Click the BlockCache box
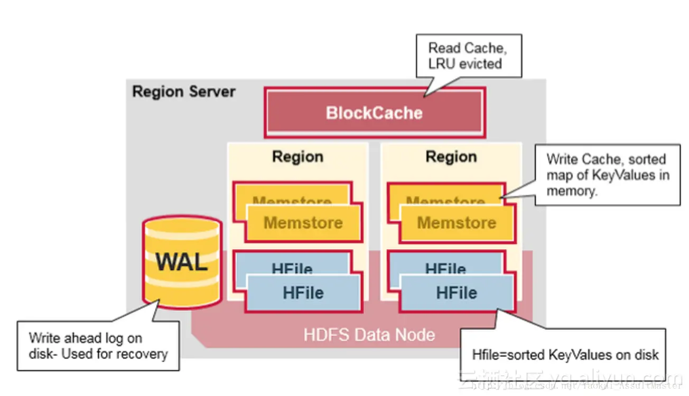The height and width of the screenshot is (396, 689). [374, 112]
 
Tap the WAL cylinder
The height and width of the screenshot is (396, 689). [182, 262]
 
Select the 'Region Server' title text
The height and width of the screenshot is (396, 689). [183, 91]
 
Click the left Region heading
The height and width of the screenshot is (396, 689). [297, 157]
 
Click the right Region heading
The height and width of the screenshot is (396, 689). [451, 157]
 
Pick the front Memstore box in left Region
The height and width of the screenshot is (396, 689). [303, 223]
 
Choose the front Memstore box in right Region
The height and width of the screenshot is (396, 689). [457, 223]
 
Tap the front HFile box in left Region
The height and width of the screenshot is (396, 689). [303, 293]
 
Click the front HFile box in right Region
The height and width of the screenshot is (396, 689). [457, 293]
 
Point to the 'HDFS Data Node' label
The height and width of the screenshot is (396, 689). [369, 335]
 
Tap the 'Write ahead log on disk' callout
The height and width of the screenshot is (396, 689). [98, 346]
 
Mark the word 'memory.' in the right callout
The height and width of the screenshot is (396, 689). [572, 191]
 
